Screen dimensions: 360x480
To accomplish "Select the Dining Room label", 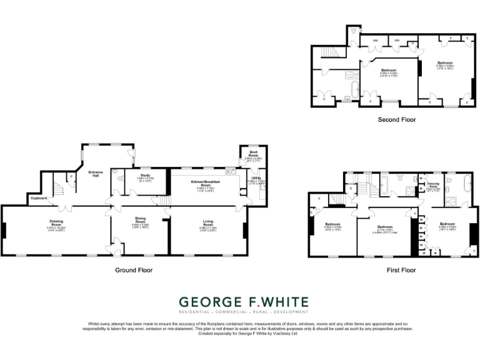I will pos(140,221).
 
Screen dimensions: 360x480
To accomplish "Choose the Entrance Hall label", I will pos(95,174).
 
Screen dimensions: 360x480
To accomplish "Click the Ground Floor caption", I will pos(134,270).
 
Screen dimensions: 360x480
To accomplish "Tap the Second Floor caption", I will pos(397,119).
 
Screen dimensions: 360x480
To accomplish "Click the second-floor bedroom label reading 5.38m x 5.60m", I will pos(445,64).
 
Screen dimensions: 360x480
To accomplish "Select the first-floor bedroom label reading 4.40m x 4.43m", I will pos(332,226).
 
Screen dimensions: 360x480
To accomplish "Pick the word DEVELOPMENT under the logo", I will pos(287,311).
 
